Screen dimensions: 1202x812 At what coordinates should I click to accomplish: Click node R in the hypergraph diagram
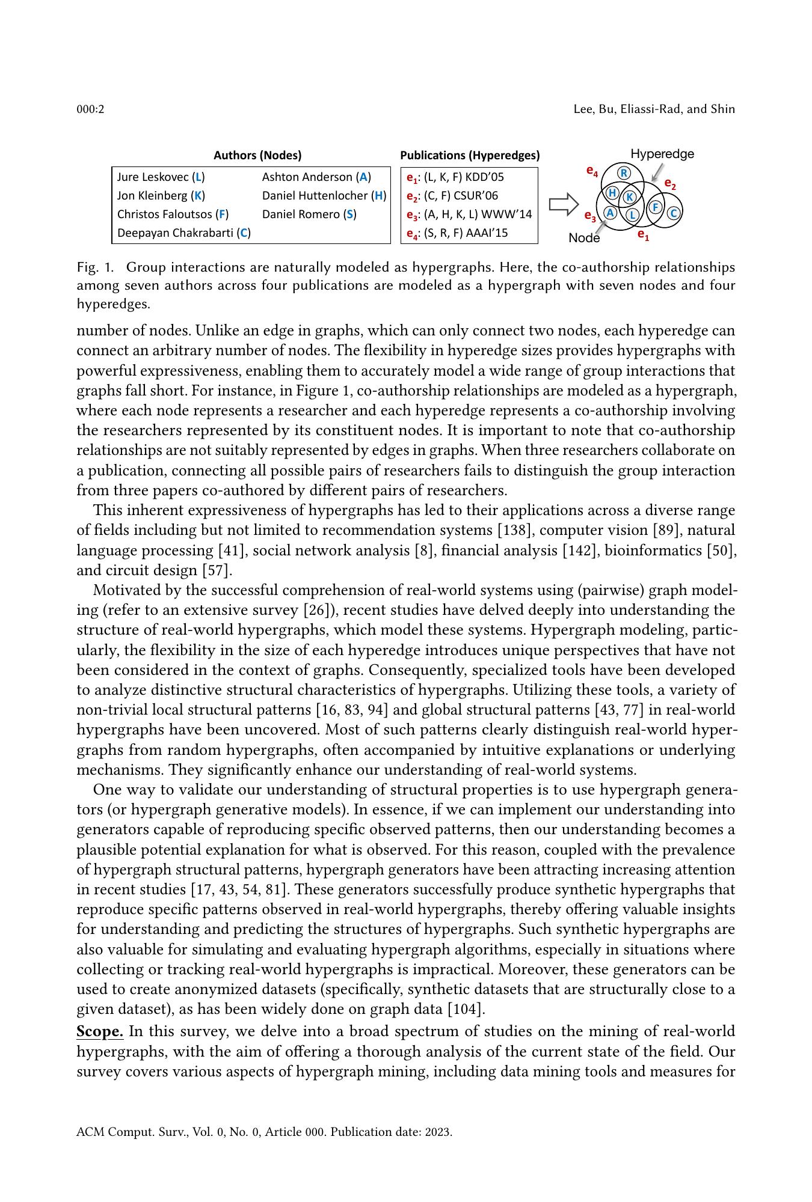pos(624,174)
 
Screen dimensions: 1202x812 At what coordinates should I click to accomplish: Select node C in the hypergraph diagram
pos(674,213)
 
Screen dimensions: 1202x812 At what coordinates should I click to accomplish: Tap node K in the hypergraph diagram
pos(629,197)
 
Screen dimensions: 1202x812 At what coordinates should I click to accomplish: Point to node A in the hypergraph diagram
pos(610,212)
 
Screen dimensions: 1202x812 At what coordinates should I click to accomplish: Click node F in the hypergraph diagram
pos(656,208)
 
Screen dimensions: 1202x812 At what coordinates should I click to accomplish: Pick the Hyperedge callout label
pos(662,154)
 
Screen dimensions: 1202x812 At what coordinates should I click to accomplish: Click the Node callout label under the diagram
pos(584,238)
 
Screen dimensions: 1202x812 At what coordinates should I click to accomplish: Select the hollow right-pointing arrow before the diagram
pos(564,204)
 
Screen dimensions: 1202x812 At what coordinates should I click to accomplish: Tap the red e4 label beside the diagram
pos(592,171)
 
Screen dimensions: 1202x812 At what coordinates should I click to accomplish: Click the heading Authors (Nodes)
pos(257,156)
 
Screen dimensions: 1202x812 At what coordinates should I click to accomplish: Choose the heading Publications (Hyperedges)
pos(470,156)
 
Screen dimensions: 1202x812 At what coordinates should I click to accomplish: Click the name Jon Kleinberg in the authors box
pos(161,196)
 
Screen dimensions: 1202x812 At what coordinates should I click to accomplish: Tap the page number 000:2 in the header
pos(90,109)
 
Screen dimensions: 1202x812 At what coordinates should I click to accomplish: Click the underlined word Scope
pos(100,1032)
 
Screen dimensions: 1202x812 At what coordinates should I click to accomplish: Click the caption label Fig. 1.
pos(94,267)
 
